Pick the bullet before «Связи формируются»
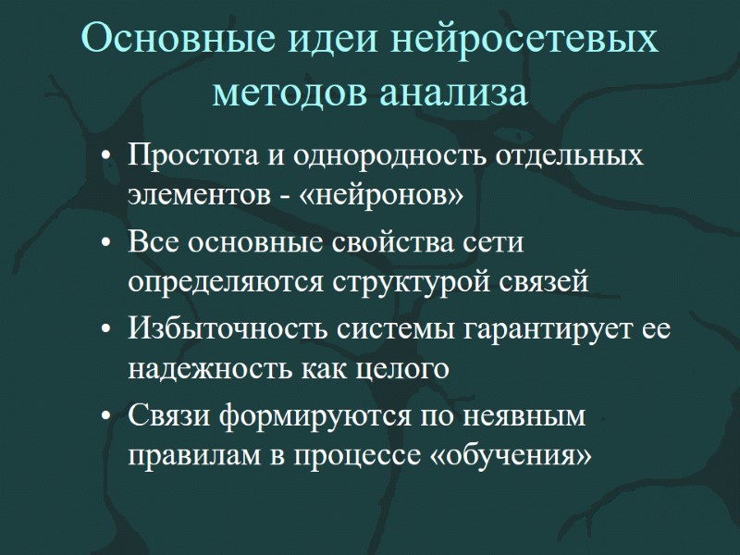pyautogui.click(x=110, y=417)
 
